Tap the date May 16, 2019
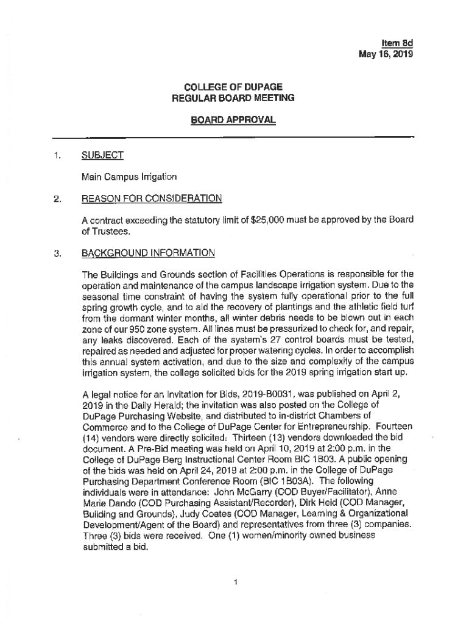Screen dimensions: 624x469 [386, 54]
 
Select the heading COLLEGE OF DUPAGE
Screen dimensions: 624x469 [233, 87]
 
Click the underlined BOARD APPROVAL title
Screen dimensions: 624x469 [233, 121]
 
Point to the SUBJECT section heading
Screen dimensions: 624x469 [102, 155]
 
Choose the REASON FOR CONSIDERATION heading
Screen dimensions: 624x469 [151, 199]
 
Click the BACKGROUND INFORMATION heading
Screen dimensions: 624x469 [148, 252]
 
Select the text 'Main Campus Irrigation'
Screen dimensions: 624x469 [129, 177]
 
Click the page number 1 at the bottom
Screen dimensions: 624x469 [235, 581]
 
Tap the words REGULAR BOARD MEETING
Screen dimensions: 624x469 [233, 97]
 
